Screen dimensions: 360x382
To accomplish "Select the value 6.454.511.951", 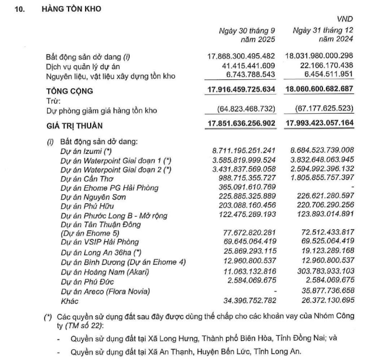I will tap(325, 76).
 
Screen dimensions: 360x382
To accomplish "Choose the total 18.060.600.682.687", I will tap(321, 90).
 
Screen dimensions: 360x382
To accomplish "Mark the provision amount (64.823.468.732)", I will tap(244, 110).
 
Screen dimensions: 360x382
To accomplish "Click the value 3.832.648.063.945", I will tap(321, 160).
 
